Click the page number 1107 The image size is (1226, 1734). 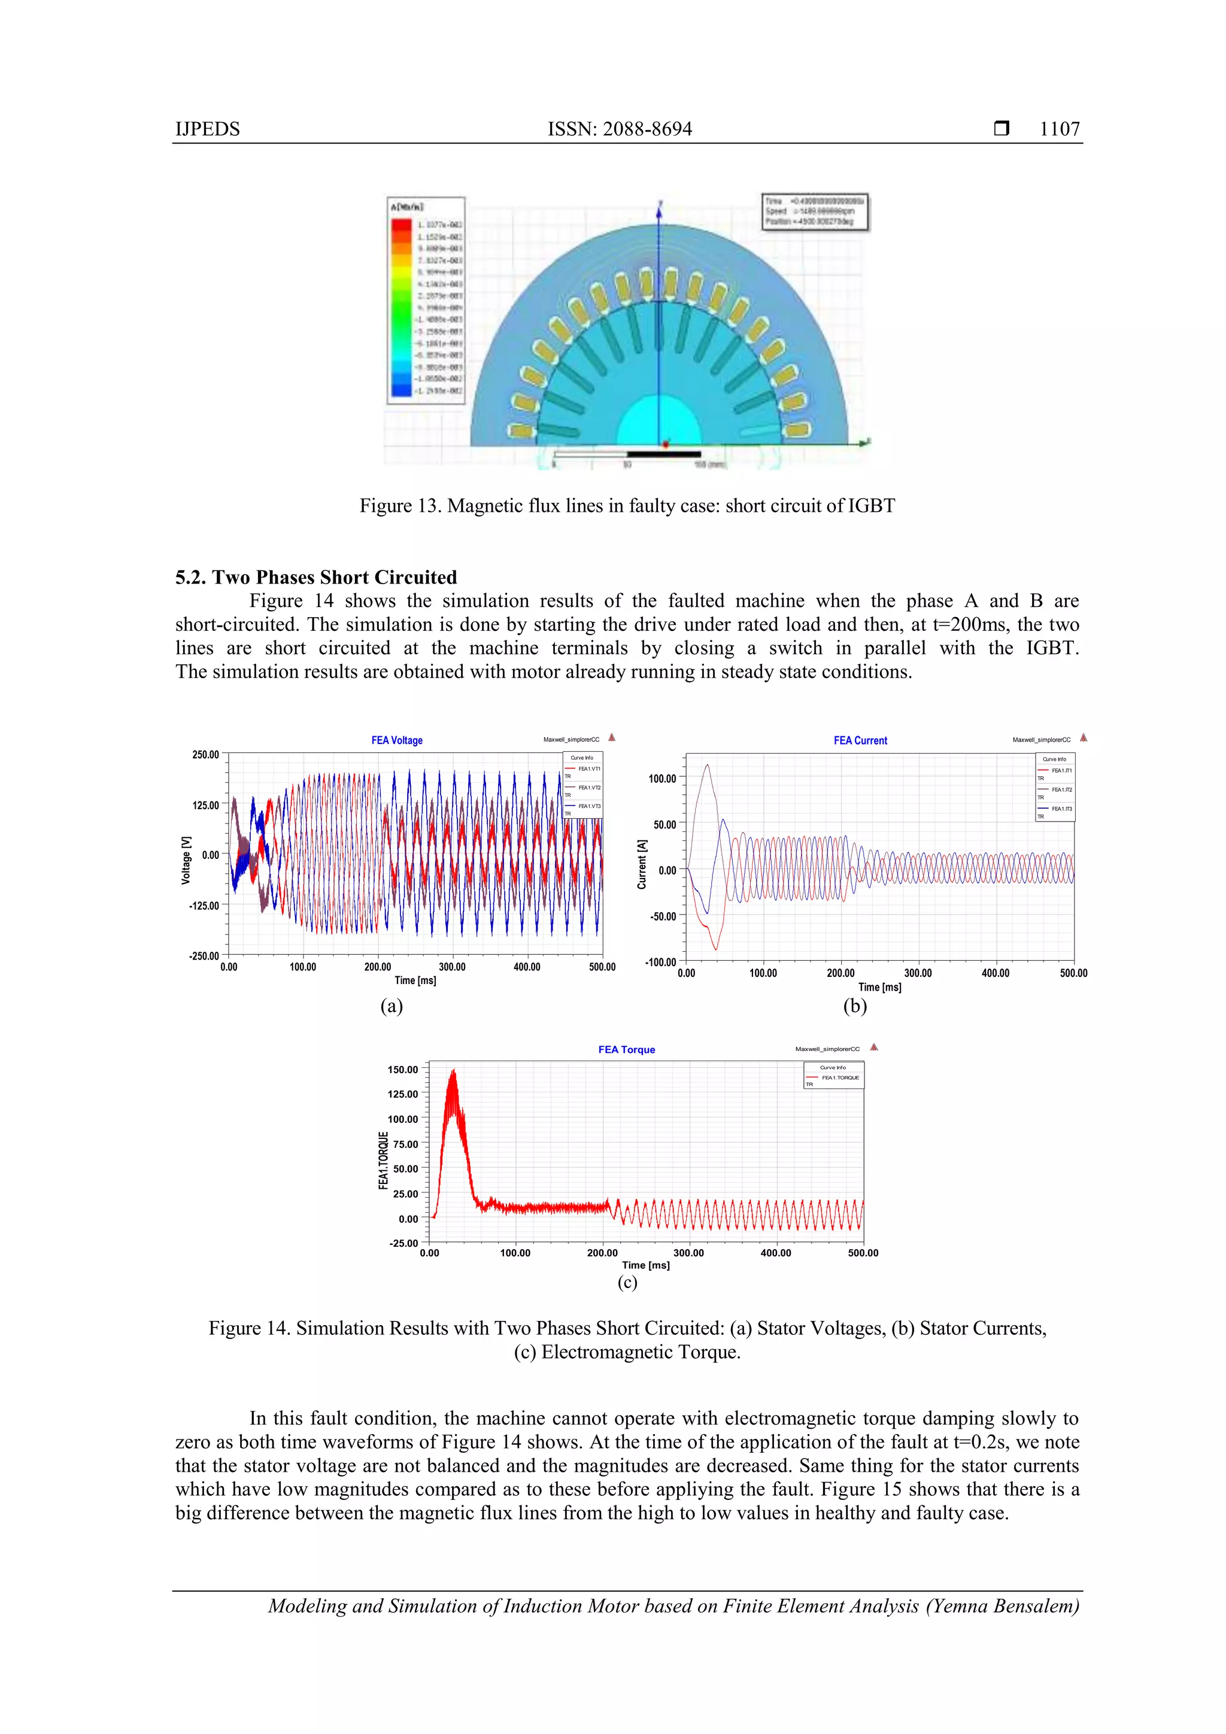pos(1059,129)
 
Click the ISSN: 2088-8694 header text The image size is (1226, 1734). pos(620,129)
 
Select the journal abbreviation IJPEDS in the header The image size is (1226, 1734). pos(208,129)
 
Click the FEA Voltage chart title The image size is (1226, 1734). pos(396,740)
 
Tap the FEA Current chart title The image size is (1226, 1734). pos(860,740)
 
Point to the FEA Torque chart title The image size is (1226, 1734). pos(626,1050)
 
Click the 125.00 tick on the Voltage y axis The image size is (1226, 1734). pos(205,805)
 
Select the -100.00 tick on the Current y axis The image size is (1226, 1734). pos(660,962)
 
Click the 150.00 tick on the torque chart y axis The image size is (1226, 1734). pos(403,1070)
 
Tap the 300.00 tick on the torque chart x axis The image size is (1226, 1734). pos(688,1253)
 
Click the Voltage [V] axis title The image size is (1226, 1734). pos(186,860)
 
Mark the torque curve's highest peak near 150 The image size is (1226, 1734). pos(453,1071)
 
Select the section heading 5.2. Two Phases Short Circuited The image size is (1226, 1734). pos(315,577)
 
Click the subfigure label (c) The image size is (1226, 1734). pos(627,1281)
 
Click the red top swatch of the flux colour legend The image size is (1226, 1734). pos(401,224)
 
